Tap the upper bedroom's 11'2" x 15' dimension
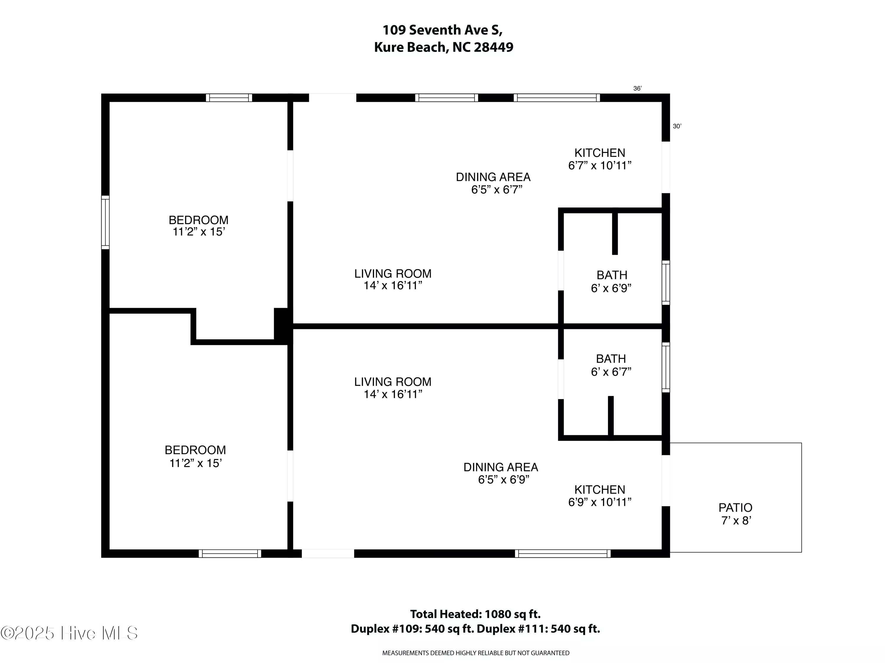(x=199, y=232)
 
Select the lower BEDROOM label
(x=195, y=450)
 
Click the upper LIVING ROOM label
(x=393, y=274)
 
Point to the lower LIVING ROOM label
(x=393, y=382)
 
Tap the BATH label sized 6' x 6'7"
(x=611, y=359)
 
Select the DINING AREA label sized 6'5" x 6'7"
(x=493, y=177)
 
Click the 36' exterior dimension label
(x=637, y=88)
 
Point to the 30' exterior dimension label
(x=677, y=126)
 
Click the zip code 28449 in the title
(x=493, y=47)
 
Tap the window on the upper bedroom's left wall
(x=105, y=222)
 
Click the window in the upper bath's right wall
(x=666, y=282)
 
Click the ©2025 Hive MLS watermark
(x=69, y=633)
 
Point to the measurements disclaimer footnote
(x=476, y=653)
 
